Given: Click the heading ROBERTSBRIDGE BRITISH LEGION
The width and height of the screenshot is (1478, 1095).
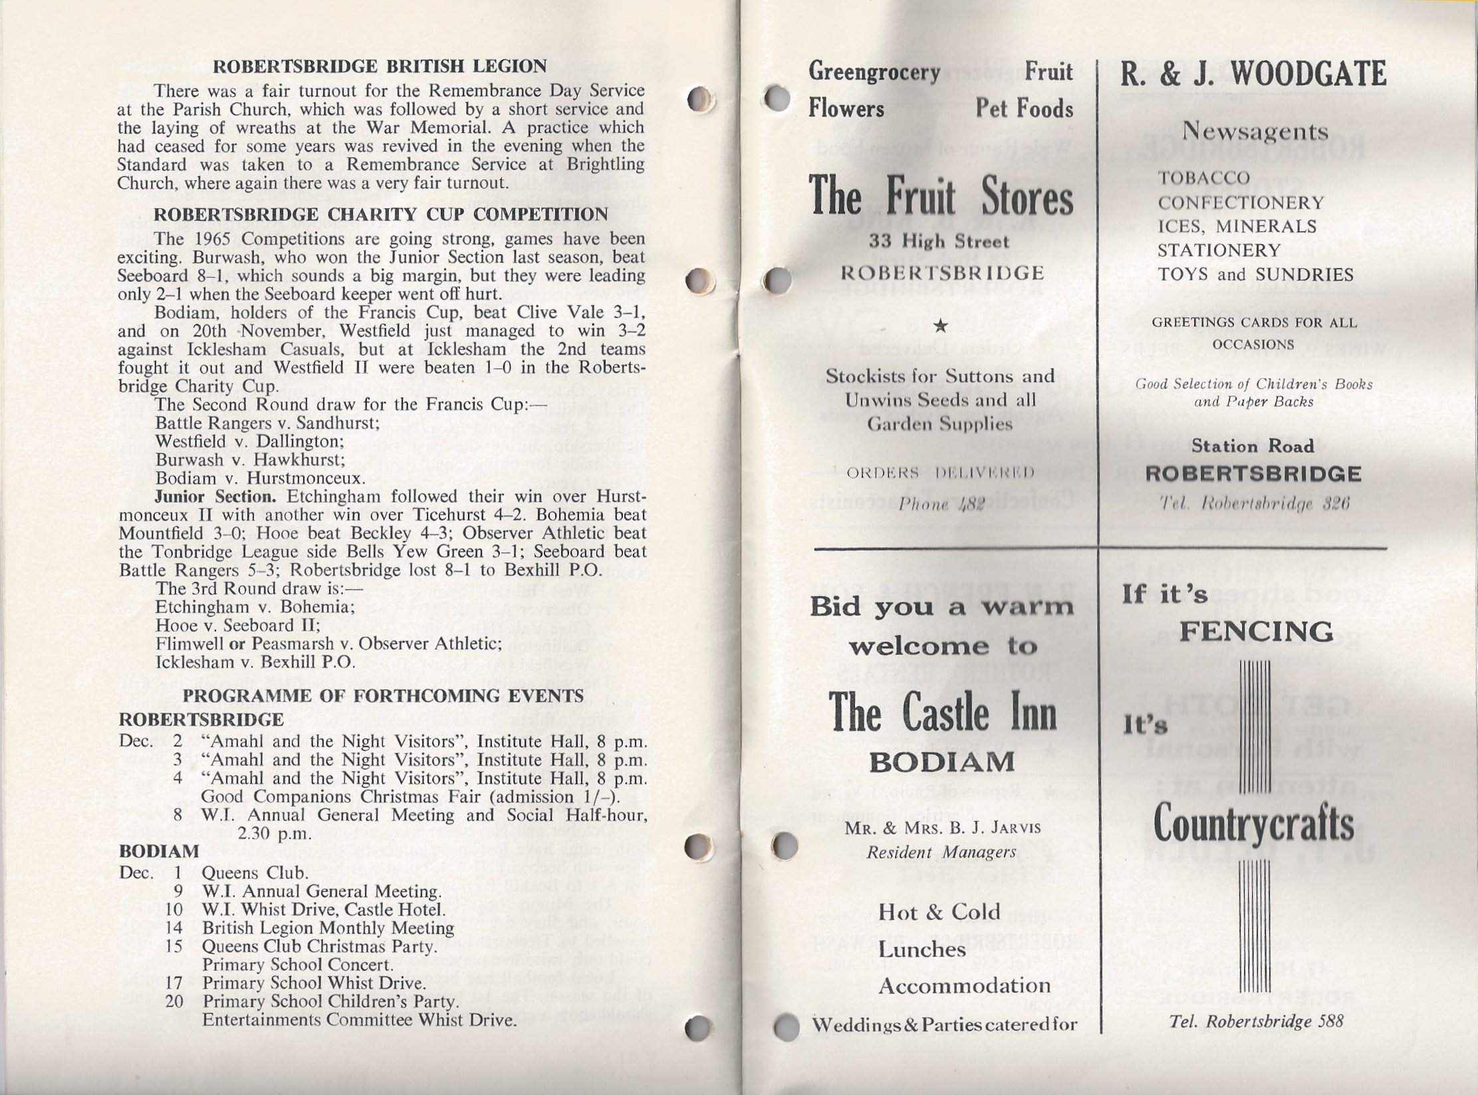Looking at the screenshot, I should [x=380, y=66].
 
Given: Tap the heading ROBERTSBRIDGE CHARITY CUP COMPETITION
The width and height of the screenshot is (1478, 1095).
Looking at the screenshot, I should [x=380, y=215].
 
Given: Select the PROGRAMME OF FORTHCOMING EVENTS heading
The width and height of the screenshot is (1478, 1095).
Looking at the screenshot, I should [x=383, y=696].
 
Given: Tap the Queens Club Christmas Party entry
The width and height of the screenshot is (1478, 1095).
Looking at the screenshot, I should [x=320, y=946].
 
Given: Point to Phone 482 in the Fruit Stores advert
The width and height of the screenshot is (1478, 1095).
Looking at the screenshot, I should [x=940, y=505].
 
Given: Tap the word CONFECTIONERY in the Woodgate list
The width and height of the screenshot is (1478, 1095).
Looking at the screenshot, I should [x=1241, y=202].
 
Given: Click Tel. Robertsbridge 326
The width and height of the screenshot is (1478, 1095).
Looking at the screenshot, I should [x=1253, y=505].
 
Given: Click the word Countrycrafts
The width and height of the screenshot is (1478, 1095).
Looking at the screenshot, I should [x=1253, y=824].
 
